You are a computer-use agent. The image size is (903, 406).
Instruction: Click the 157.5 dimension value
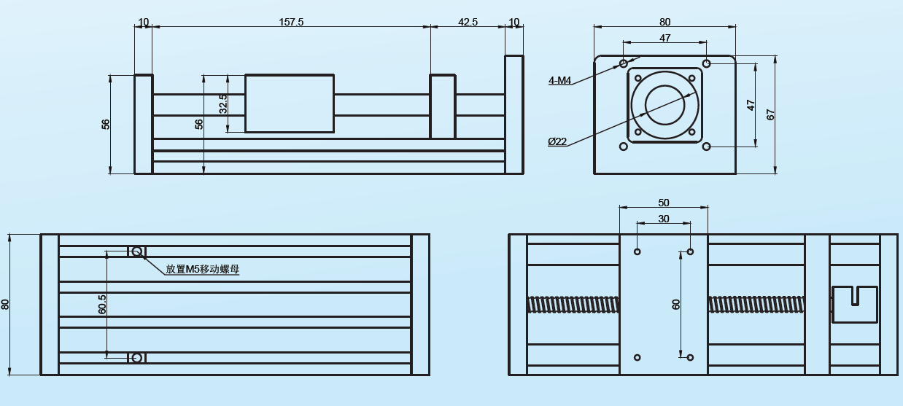(291, 22)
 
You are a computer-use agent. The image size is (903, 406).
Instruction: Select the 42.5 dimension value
(468, 22)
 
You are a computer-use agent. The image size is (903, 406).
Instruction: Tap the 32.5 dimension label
(223, 103)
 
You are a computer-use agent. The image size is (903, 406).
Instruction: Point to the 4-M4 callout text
(559, 81)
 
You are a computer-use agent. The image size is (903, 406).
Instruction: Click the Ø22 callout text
(557, 141)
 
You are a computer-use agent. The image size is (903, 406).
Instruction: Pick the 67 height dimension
(770, 114)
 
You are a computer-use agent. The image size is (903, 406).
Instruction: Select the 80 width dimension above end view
(664, 22)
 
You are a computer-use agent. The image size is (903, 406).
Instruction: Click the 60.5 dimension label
(102, 304)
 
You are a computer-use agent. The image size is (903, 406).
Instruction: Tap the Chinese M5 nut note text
(202, 269)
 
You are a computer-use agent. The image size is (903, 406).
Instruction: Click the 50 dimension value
(663, 203)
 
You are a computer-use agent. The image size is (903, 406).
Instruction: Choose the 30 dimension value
(663, 219)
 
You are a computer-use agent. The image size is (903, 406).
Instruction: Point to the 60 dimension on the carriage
(676, 304)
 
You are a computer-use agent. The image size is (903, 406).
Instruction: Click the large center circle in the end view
(664, 104)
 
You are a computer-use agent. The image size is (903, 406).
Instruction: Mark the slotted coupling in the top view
(854, 304)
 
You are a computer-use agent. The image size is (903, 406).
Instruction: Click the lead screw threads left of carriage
(573, 304)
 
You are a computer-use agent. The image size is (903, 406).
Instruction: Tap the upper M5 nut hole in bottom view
(136, 251)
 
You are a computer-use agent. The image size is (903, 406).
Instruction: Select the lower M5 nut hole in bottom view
(136, 357)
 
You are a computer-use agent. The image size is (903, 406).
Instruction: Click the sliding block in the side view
(290, 103)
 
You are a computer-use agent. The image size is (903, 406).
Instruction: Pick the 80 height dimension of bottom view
(6, 304)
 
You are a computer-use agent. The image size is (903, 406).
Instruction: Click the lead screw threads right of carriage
(756, 304)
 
